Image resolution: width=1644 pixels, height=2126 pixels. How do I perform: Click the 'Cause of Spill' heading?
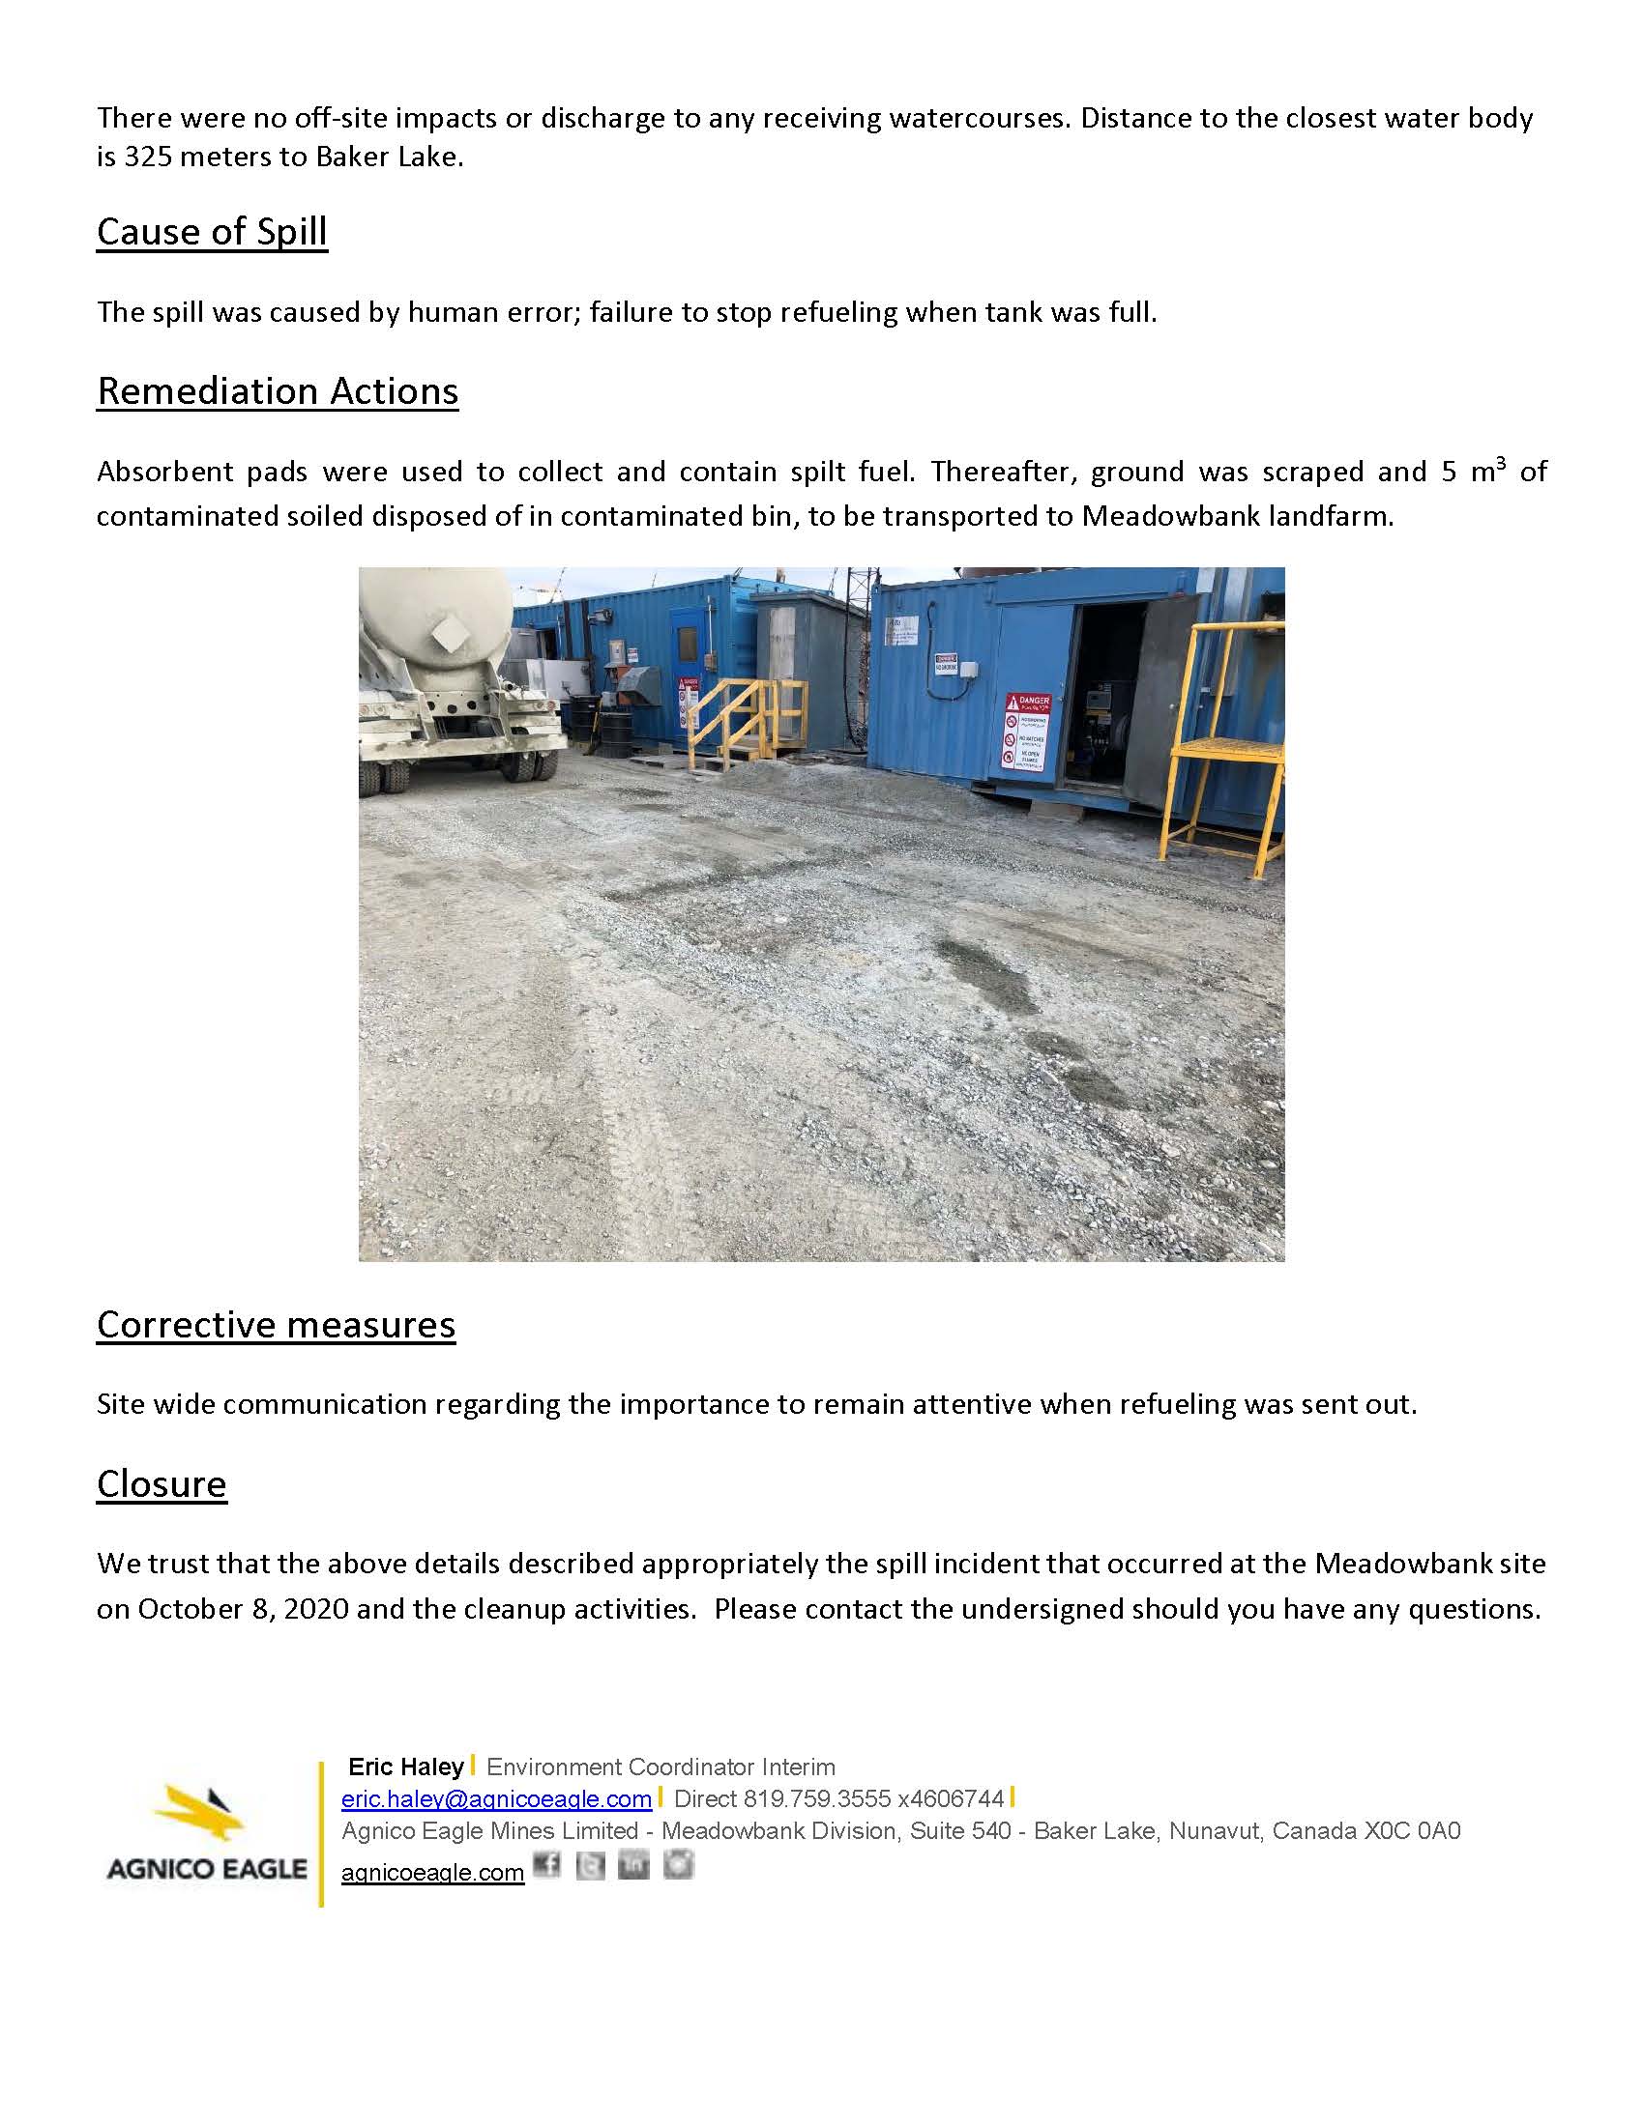coord(212,232)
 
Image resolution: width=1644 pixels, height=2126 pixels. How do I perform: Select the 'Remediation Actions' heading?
coord(278,391)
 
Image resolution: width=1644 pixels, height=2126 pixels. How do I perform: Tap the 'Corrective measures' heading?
coord(276,1325)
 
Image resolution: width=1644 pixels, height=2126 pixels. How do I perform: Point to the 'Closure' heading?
coord(161,1484)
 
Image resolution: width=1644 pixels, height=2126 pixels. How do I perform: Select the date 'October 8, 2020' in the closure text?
coord(243,1608)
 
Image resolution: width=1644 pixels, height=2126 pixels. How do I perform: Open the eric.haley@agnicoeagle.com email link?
coord(496,1798)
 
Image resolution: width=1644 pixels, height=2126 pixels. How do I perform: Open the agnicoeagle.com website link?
coord(432,1872)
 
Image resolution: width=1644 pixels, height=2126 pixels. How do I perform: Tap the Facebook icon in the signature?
coord(547,1864)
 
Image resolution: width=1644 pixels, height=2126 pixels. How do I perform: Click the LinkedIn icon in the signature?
coord(633,1864)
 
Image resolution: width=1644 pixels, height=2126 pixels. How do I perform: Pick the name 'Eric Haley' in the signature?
coord(406,1767)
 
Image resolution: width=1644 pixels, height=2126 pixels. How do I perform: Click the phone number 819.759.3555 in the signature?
coord(816,1798)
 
